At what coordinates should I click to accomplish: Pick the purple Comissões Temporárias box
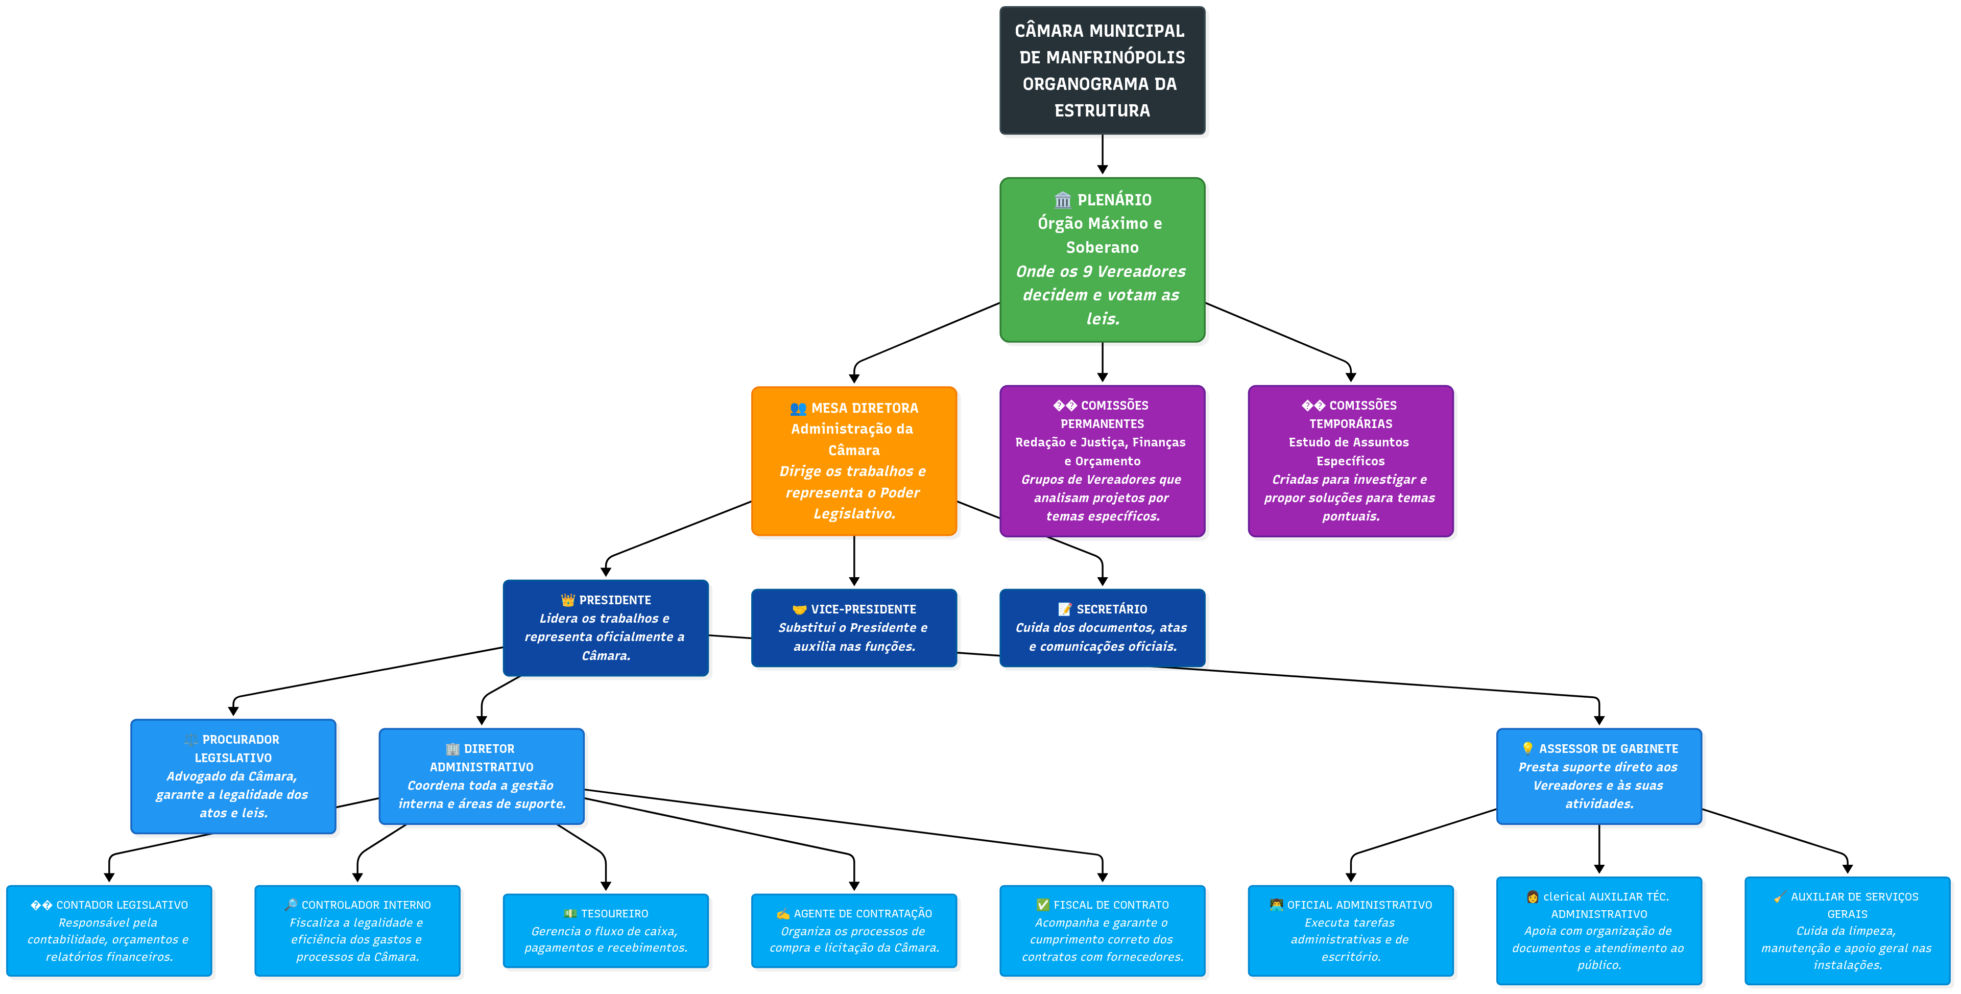click(1350, 461)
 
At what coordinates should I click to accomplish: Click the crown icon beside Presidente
click(568, 600)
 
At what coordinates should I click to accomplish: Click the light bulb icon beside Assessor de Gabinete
click(1527, 749)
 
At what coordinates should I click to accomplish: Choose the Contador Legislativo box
click(109, 930)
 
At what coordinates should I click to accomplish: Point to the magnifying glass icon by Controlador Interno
click(291, 905)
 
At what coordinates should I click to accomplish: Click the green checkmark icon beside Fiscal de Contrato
click(1042, 905)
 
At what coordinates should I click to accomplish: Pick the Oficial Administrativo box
click(1350, 930)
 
